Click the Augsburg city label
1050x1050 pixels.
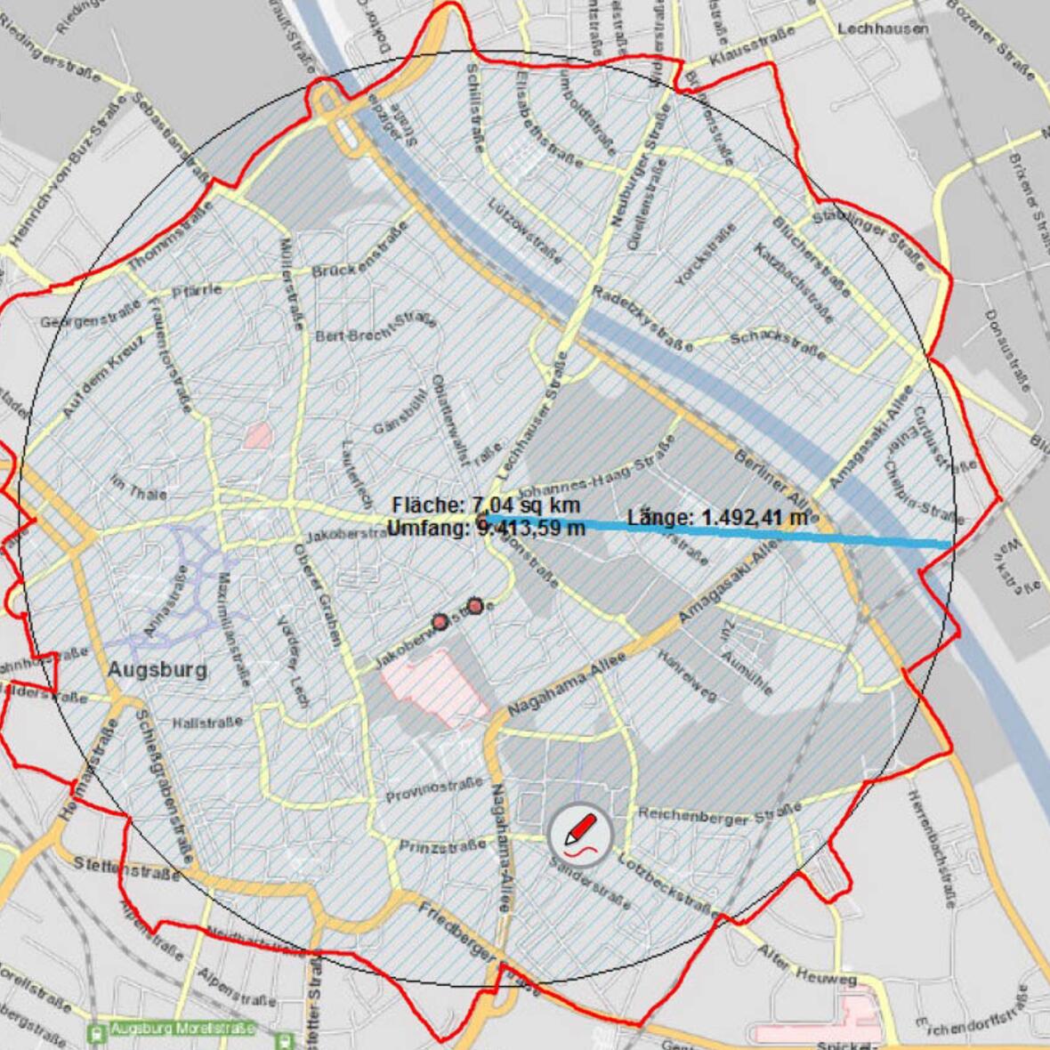pos(157,669)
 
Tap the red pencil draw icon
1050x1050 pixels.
pos(580,836)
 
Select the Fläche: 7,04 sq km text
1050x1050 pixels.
pos(486,505)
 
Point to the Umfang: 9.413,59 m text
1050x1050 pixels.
pos(486,528)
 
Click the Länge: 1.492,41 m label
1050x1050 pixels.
pos(717,517)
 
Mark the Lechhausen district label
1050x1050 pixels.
pos(882,29)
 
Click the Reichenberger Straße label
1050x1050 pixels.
pos(719,812)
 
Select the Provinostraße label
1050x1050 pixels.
pos(433,788)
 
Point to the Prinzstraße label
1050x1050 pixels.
pos(442,845)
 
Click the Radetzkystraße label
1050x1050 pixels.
pos(642,319)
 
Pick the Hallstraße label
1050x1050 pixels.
pos(206,723)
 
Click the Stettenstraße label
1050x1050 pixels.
pos(126,868)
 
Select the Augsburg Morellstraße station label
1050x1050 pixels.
pos(182,1029)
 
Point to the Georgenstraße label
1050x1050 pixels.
pos(91,314)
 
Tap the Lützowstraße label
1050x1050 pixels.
pos(525,230)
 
